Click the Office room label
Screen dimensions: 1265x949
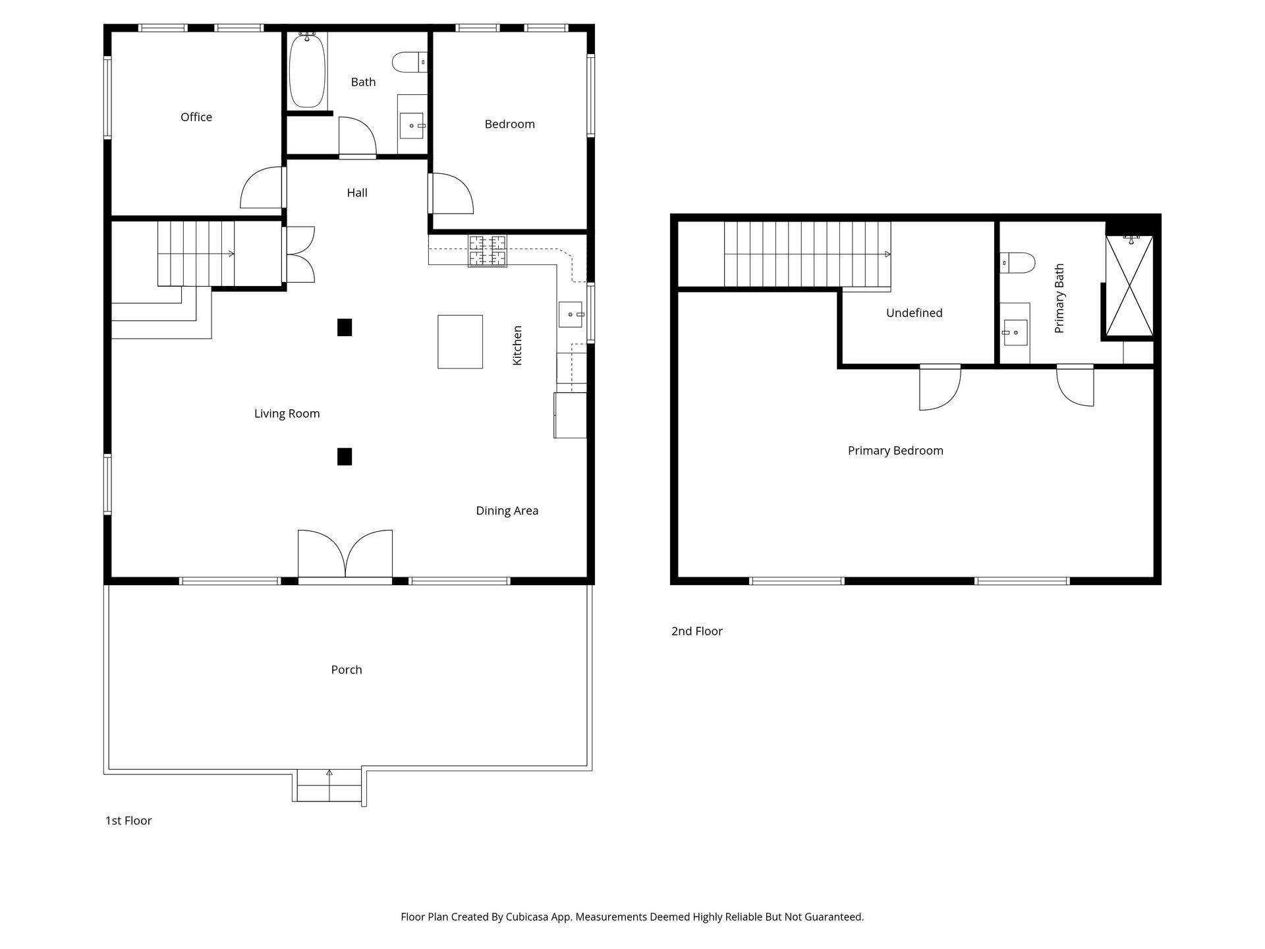click(196, 117)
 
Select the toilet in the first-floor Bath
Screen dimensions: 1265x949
click(409, 63)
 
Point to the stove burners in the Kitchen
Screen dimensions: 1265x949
click(488, 251)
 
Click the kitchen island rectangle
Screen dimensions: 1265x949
click(460, 341)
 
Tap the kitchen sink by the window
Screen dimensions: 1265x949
click(571, 314)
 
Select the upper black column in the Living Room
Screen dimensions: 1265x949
click(345, 328)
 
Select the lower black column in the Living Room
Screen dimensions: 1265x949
click(345, 457)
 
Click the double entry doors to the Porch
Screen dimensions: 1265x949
click(345, 556)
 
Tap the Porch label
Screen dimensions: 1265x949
click(347, 670)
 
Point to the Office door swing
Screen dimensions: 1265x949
click(263, 188)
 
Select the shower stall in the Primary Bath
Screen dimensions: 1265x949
click(1129, 287)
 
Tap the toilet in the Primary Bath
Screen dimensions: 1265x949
click(1017, 263)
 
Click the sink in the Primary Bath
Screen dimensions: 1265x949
click(1015, 333)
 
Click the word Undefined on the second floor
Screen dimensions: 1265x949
click(914, 313)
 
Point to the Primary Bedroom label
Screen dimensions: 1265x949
click(895, 451)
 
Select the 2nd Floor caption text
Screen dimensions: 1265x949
click(697, 631)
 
